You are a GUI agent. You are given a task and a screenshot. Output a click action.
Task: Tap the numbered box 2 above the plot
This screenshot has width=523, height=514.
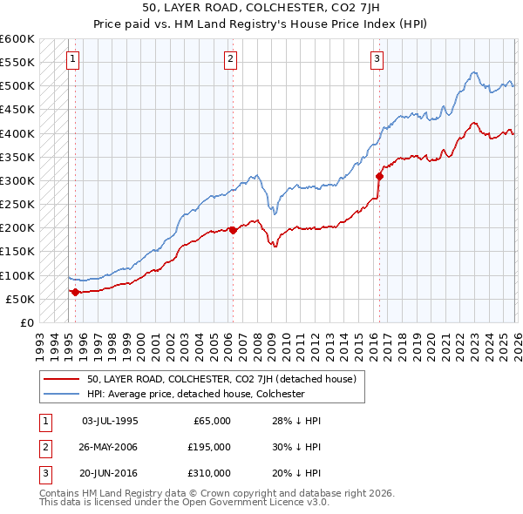point(230,59)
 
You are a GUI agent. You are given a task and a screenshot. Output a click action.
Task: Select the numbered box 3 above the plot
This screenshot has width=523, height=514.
point(377,59)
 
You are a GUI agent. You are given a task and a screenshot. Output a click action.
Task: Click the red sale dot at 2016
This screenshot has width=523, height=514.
point(379,176)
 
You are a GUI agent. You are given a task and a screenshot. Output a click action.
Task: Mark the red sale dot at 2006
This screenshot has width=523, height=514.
point(233,230)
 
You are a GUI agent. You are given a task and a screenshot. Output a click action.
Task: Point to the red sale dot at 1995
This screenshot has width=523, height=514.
point(75,292)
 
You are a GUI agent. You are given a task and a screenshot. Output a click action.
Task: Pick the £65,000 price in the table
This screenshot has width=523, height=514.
point(212,421)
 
